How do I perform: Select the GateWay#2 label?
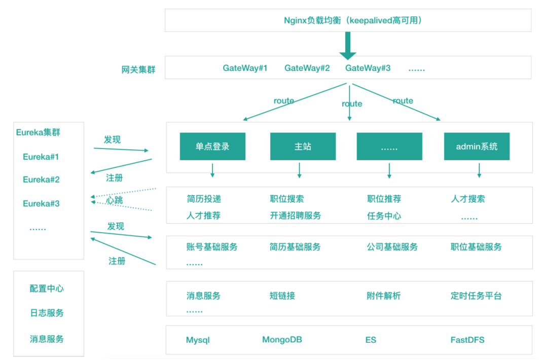[x=307, y=68]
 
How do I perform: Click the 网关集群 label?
[x=138, y=70]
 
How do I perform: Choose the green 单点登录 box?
[x=212, y=147]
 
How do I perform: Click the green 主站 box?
[x=303, y=147]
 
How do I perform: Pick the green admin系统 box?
[x=477, y=147]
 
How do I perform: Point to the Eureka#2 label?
[x=41, y=179]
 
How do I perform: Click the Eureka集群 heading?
[x=38, y=132]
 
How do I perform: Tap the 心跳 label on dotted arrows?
[x=115, y=200]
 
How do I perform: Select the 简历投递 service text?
[x=204, y=199]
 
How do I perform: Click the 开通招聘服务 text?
[x=295, y=215]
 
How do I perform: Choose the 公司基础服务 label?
[x=392, y=247]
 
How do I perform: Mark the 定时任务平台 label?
[x=476, y=296]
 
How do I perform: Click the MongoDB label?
[x=282, y=339]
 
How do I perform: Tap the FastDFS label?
[x=467, y=339]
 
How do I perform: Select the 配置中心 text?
[x=47, y=289]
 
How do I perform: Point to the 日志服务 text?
[x=47, y=313]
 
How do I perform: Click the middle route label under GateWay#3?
[x=352, y=103]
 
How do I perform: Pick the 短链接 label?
[x=282, y=296]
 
